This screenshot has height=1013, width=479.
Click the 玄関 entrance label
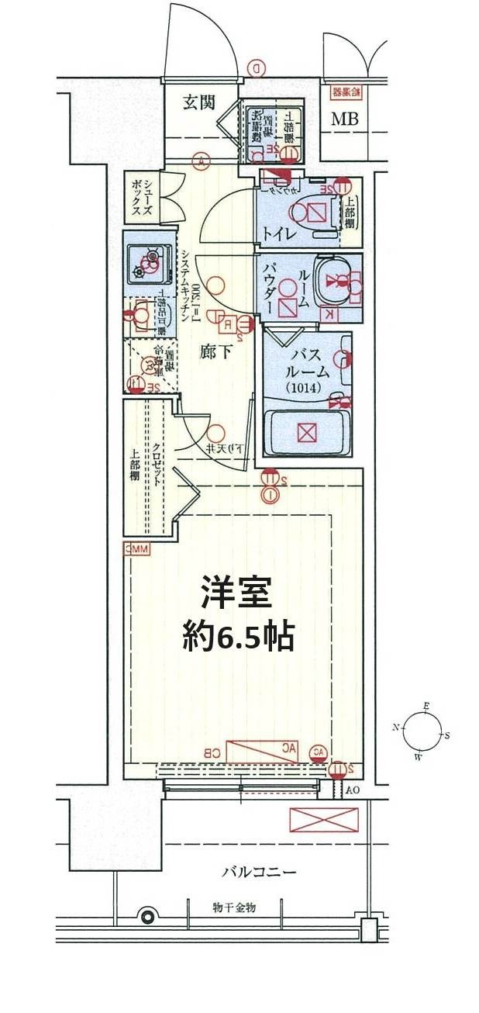point(198,102)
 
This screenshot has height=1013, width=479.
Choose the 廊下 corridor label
point(215,351)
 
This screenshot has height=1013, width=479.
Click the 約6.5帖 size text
point(238,637)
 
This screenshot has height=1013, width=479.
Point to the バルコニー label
point(258,872)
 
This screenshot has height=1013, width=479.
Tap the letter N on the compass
point(396,728)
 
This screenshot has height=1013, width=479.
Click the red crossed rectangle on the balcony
point(323,820)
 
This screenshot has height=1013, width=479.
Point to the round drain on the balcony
point(145,916)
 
